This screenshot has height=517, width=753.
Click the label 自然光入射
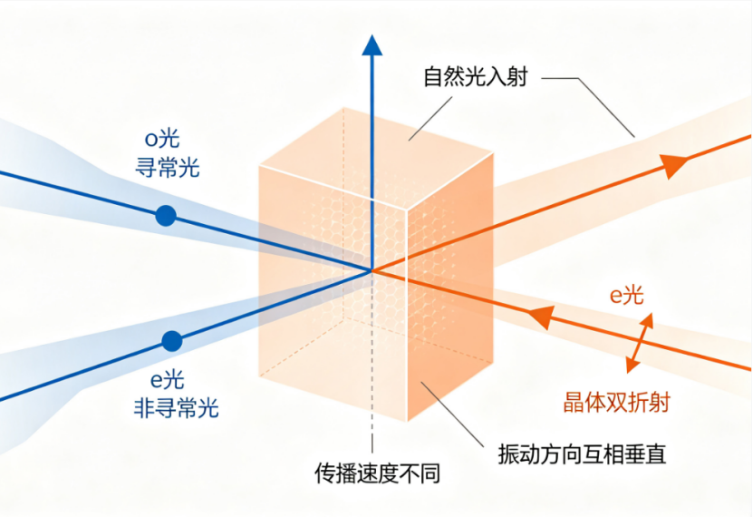(476, 77)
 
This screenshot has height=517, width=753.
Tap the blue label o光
(162, 139)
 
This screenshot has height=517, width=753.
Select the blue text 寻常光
(168, 168)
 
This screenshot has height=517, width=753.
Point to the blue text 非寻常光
(177, 408)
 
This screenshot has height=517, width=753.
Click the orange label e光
(627, 295)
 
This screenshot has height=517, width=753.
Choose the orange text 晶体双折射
(616, 403)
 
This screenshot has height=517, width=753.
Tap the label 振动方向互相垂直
(582, 454)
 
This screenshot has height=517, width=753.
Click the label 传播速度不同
(378, 473)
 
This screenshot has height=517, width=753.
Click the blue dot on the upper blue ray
(166, 216)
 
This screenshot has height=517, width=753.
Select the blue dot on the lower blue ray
(172, 341)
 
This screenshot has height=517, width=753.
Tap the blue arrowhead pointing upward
(372, 45)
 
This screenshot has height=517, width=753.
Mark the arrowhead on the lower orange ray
(540, 317)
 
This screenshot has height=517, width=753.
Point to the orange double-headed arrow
(640, 343)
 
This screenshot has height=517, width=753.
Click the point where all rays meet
(372, 271)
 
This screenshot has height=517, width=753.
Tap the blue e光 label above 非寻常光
(168, 380)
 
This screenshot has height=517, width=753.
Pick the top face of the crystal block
(377, 159)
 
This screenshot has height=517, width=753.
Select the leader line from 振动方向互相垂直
(452, 415)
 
